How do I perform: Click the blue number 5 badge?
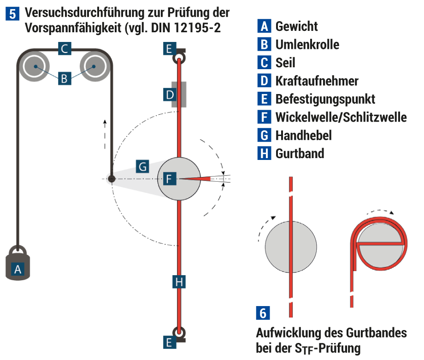pos(14,14)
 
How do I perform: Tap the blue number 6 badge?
pos(263,313)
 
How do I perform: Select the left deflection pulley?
pos(35,66)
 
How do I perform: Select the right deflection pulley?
pos(94,66)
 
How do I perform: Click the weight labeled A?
pos(18,265)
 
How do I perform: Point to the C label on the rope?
pos(65,48)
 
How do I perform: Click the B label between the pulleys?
pos(65,79)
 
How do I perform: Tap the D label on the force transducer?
pos(170,95)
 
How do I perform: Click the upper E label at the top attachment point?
pos(169,48)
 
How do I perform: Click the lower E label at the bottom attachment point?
pos(169,342)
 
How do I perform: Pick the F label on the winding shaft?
pos(169,178)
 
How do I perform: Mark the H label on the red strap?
pos(179,281)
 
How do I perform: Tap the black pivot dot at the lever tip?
pos(111,178)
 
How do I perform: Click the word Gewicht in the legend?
pos(296,26)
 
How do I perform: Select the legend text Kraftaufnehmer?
pos(317,81)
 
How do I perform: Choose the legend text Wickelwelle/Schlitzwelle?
pos(341,117)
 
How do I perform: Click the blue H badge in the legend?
pos(264,153)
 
